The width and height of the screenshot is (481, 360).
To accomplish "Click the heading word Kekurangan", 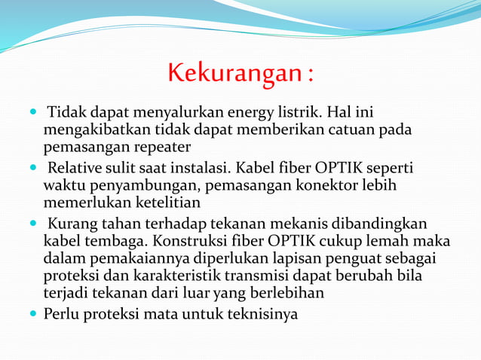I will tap(234, 74).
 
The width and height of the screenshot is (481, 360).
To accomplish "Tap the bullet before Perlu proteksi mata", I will tap(33, 313).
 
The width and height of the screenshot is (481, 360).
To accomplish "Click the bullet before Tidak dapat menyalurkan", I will tap(33, 113).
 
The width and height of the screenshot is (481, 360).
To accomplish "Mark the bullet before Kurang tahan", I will tap(33, 224).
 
